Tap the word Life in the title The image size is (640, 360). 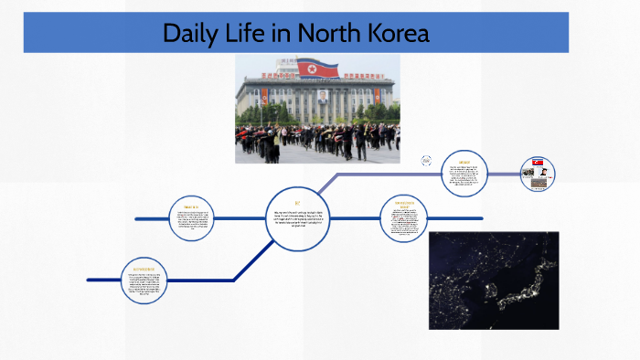(x=252, y=34)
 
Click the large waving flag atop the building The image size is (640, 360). (x=317, y=68)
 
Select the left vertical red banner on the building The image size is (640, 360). (x=265, y=96)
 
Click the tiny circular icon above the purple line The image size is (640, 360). (x=426, y=161)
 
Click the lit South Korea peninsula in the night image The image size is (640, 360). (x=491, y=291)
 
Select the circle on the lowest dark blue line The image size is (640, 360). (x=148, y=280)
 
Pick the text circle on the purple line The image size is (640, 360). (x=466, y=174)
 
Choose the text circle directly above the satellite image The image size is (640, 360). (x=405, y=218)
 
